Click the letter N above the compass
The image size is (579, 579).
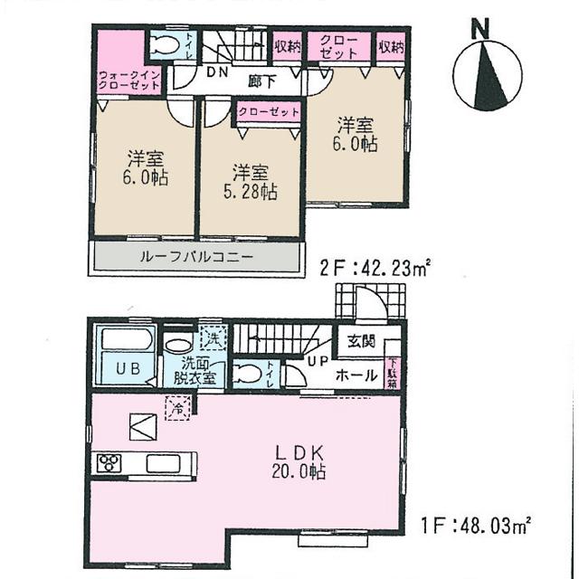point(482,30)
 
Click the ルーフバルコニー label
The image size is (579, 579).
point(196,257)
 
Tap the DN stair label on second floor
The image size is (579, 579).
point(217,71)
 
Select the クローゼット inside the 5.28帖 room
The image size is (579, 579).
point(268,112)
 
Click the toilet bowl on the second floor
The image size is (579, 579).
point(166,45)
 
